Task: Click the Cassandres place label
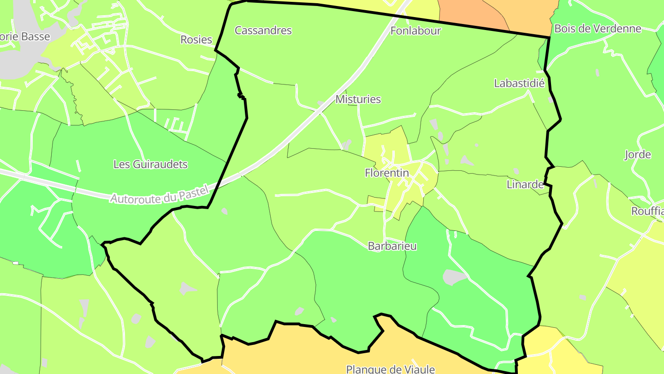[x=263, y=30]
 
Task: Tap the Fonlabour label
[x=415, y=31]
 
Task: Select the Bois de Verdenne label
[x=598, y=29]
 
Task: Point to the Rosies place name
[x=196, y=40]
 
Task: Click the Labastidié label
[x=519, y=84]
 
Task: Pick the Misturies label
[x=358, y=99]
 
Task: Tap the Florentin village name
[x=387, y=173]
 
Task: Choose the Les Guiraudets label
[x=150, y=164]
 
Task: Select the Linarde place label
[x=525, y=185]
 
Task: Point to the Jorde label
[x=638, y=155]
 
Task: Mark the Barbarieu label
[x=392, y=246]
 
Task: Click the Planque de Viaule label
[x=391, y=369]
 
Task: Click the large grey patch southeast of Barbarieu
[x=454, y=277]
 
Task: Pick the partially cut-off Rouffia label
[x=647, y=211]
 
